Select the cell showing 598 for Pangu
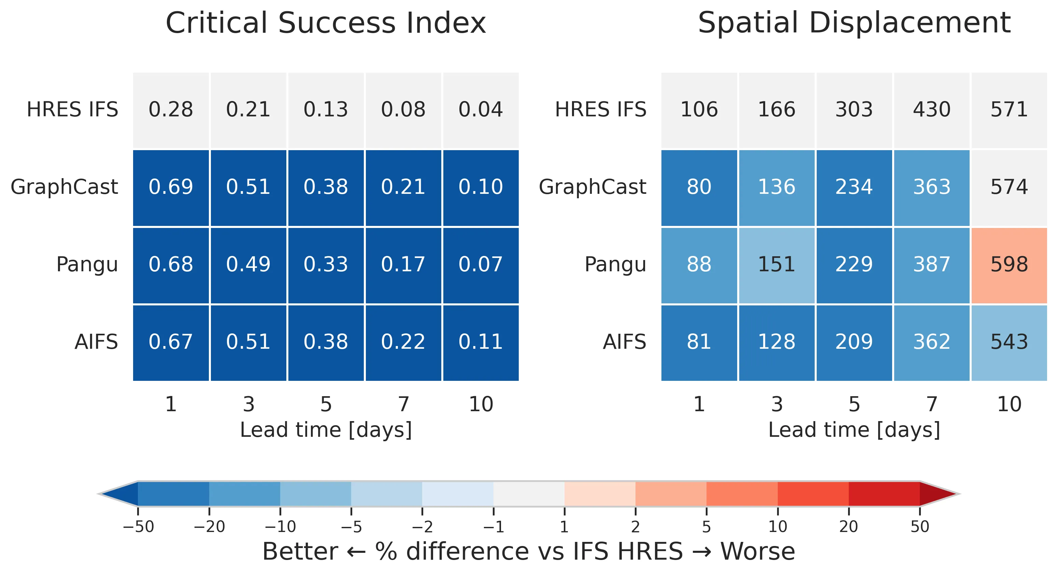pos(1009,264)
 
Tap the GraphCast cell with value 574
pos(1009,187)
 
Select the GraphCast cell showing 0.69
pos(171,187)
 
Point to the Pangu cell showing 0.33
pos(326,264)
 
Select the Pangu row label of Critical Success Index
pos(87,264)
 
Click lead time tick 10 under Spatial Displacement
pos(1009,405)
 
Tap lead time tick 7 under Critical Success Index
pos(403,405)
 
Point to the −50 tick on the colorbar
pos(139,527)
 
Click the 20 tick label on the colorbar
pos(848,527)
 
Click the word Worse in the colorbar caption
pos(758,551)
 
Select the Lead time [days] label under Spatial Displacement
pos(854,430)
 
